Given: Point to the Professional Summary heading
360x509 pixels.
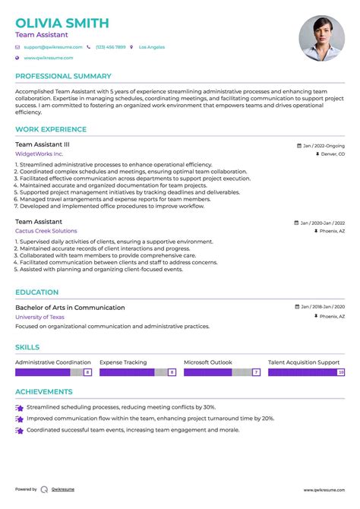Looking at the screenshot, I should tap(63, 76).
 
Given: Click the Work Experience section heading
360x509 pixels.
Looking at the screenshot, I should tap(51, 129).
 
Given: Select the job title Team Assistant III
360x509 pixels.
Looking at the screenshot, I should tap(43, 144).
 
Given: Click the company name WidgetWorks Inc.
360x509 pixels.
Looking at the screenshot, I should tap(39, 153).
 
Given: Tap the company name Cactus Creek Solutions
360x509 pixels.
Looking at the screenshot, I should tap(46, 230).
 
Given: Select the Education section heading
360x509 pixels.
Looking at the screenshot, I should tap(36, 292).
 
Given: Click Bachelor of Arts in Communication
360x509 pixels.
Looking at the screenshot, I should tap(70, 307).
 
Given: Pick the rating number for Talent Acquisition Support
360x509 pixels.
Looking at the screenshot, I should tap(341, 372).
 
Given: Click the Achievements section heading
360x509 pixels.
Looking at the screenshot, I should tap(44, 392).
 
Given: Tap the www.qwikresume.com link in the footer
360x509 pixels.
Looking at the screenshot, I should tap(324, 490).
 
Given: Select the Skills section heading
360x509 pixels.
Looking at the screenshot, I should tap(28, 347).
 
